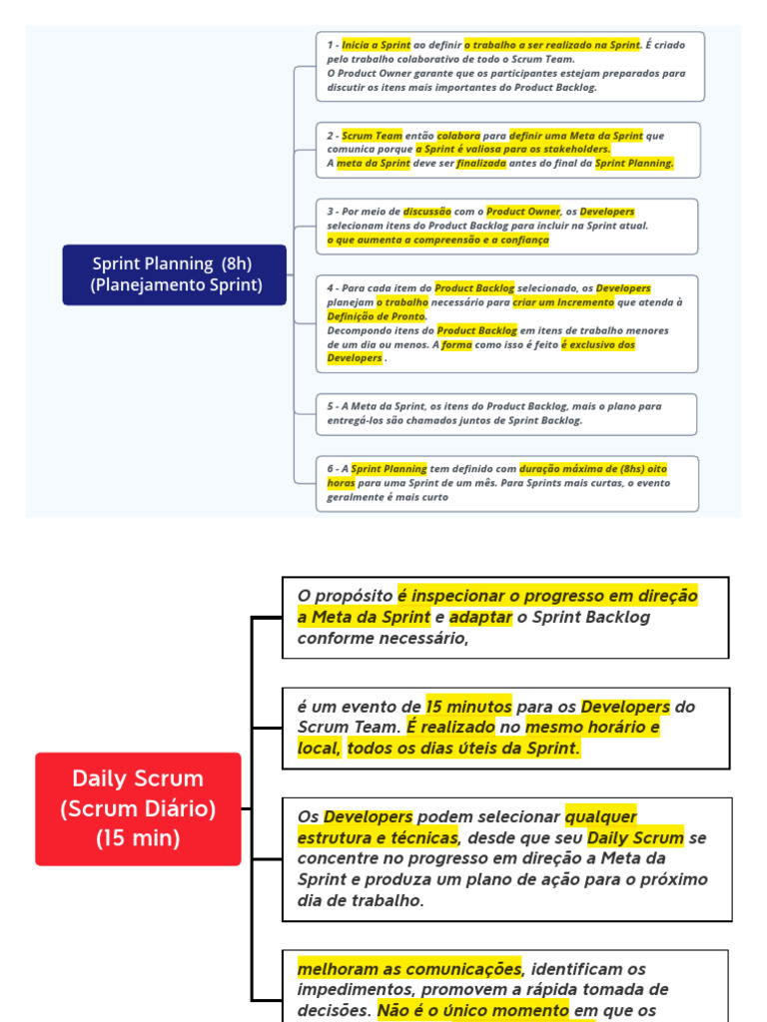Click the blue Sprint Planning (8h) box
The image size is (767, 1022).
[x=174, y=274]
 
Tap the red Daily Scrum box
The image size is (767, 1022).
[x=138, y=808]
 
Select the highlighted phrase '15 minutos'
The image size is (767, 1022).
[x=468, y=706]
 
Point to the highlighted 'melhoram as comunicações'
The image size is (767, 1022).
[x=409, y=968]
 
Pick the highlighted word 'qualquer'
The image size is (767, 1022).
[x=600, y=816]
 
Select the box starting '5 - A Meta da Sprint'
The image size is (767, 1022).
[x=506, y=413]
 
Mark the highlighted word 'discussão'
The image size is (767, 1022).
[x=427, y=212]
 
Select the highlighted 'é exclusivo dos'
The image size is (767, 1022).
[x=597, y=344]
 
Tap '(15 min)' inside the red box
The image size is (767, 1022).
[x=138, y=838]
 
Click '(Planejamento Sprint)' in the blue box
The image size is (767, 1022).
[x=176, y=285]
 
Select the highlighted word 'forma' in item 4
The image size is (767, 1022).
[x=456, y=344]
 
